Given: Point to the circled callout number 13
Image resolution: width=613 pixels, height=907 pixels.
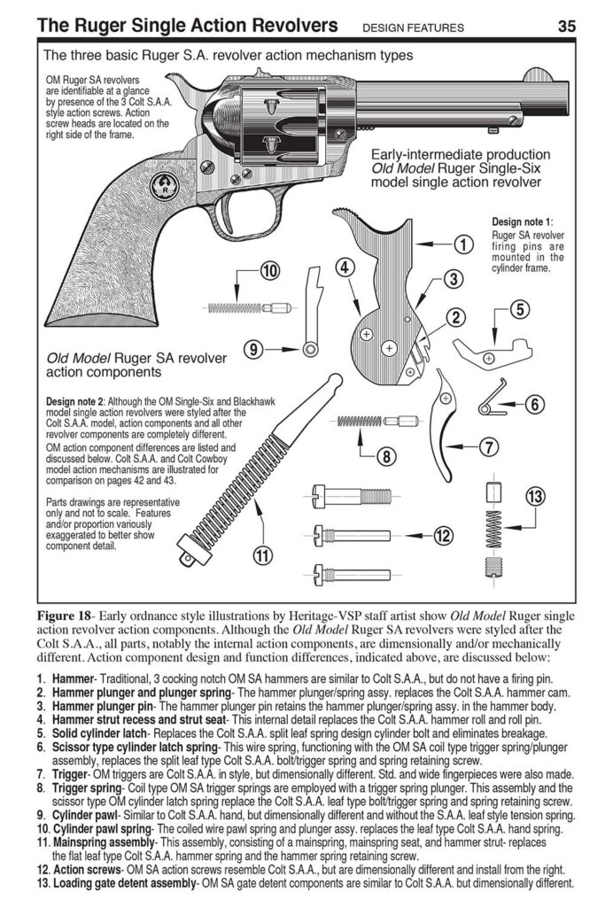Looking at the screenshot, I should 534,497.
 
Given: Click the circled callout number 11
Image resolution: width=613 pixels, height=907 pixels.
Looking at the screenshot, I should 261,555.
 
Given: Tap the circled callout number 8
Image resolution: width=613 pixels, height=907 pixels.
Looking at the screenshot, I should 386,457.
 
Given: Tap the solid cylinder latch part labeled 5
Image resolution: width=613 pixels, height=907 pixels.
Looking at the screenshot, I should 492,350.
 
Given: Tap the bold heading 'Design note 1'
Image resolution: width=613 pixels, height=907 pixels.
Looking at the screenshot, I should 527,221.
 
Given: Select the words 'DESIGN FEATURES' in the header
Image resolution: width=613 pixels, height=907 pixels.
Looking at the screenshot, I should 413,27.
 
